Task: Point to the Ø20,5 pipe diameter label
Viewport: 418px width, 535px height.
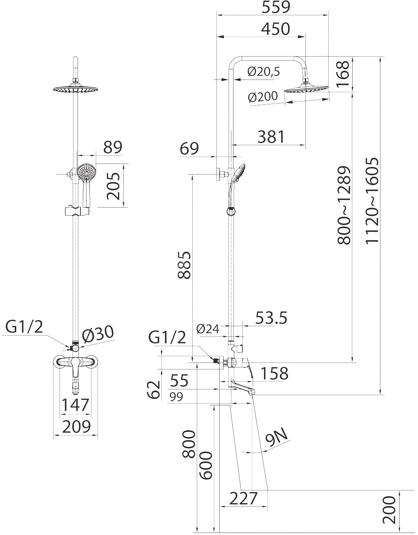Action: click(x=263, y=72)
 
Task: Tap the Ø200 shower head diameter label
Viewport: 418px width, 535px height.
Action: click(x=262, y=97)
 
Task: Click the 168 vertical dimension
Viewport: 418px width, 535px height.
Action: click(x=344, y=73)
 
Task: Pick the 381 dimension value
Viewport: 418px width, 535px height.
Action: click(x=271, y=137)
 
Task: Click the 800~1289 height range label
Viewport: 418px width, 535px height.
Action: click(x=344, y=205)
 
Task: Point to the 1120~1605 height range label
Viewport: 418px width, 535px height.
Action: click(x=372, y=201)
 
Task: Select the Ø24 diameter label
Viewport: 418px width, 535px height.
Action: click(x=208, y=329)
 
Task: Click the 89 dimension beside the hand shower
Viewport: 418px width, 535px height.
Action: click(x=112, y=147)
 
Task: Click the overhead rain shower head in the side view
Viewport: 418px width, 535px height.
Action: click(x=306, y=88)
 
